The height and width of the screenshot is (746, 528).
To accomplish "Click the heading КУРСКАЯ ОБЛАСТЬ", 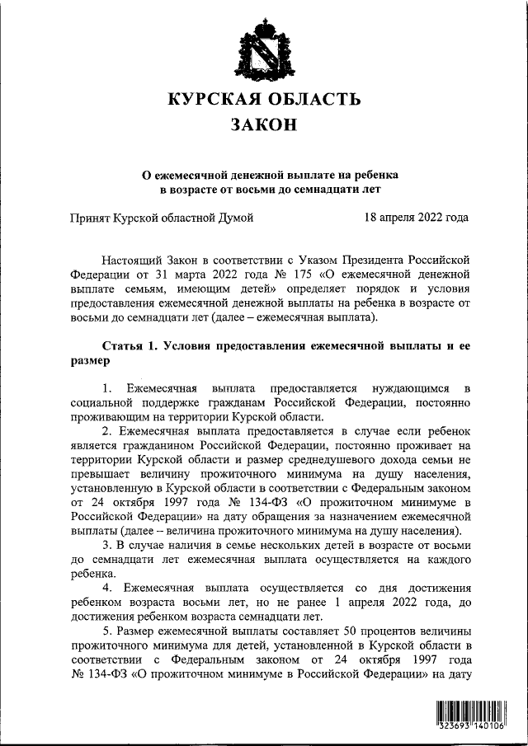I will tap(264, 99).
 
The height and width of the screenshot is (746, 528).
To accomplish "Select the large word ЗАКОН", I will tap(264, 126).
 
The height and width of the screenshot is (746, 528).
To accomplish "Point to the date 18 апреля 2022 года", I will tap(416, 218).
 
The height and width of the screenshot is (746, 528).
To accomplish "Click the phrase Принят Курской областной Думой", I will tap(160, 218).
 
